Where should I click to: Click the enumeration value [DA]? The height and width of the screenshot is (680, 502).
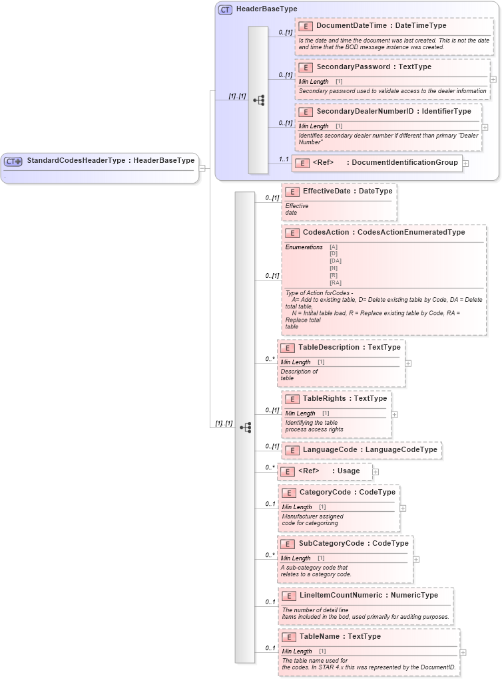pos(335,261)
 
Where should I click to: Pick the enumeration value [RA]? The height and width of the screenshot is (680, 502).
pos(335,283)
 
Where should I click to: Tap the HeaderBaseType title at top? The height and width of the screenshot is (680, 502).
pos(266,9)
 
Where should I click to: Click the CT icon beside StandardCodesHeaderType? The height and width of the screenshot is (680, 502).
pos(13,161)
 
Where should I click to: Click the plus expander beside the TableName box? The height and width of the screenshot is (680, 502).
pos(463,653)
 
